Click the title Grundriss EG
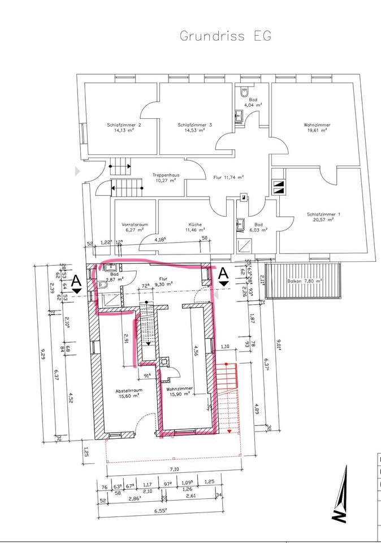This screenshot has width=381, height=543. pyautogui.click(x=226, y=36)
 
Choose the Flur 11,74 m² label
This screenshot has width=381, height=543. pyautogui.click(x=228, y=177)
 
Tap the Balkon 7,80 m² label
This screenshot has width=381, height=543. pyautogui.click(x=304, y=280)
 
